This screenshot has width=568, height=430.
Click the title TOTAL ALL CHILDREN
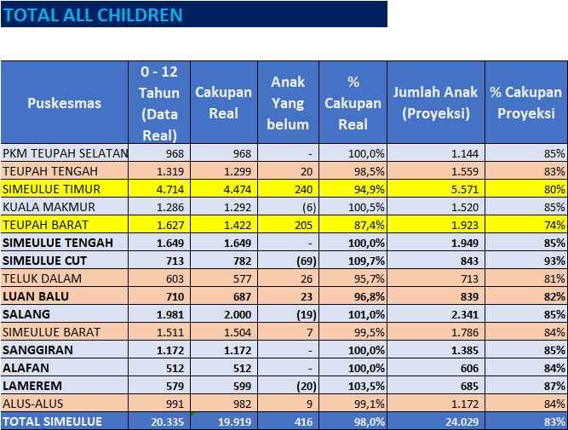[93, 14]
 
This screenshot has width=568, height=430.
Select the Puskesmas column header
[64, 103]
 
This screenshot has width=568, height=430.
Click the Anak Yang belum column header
[288, 103]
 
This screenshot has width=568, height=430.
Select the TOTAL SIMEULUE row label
[53, 421]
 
